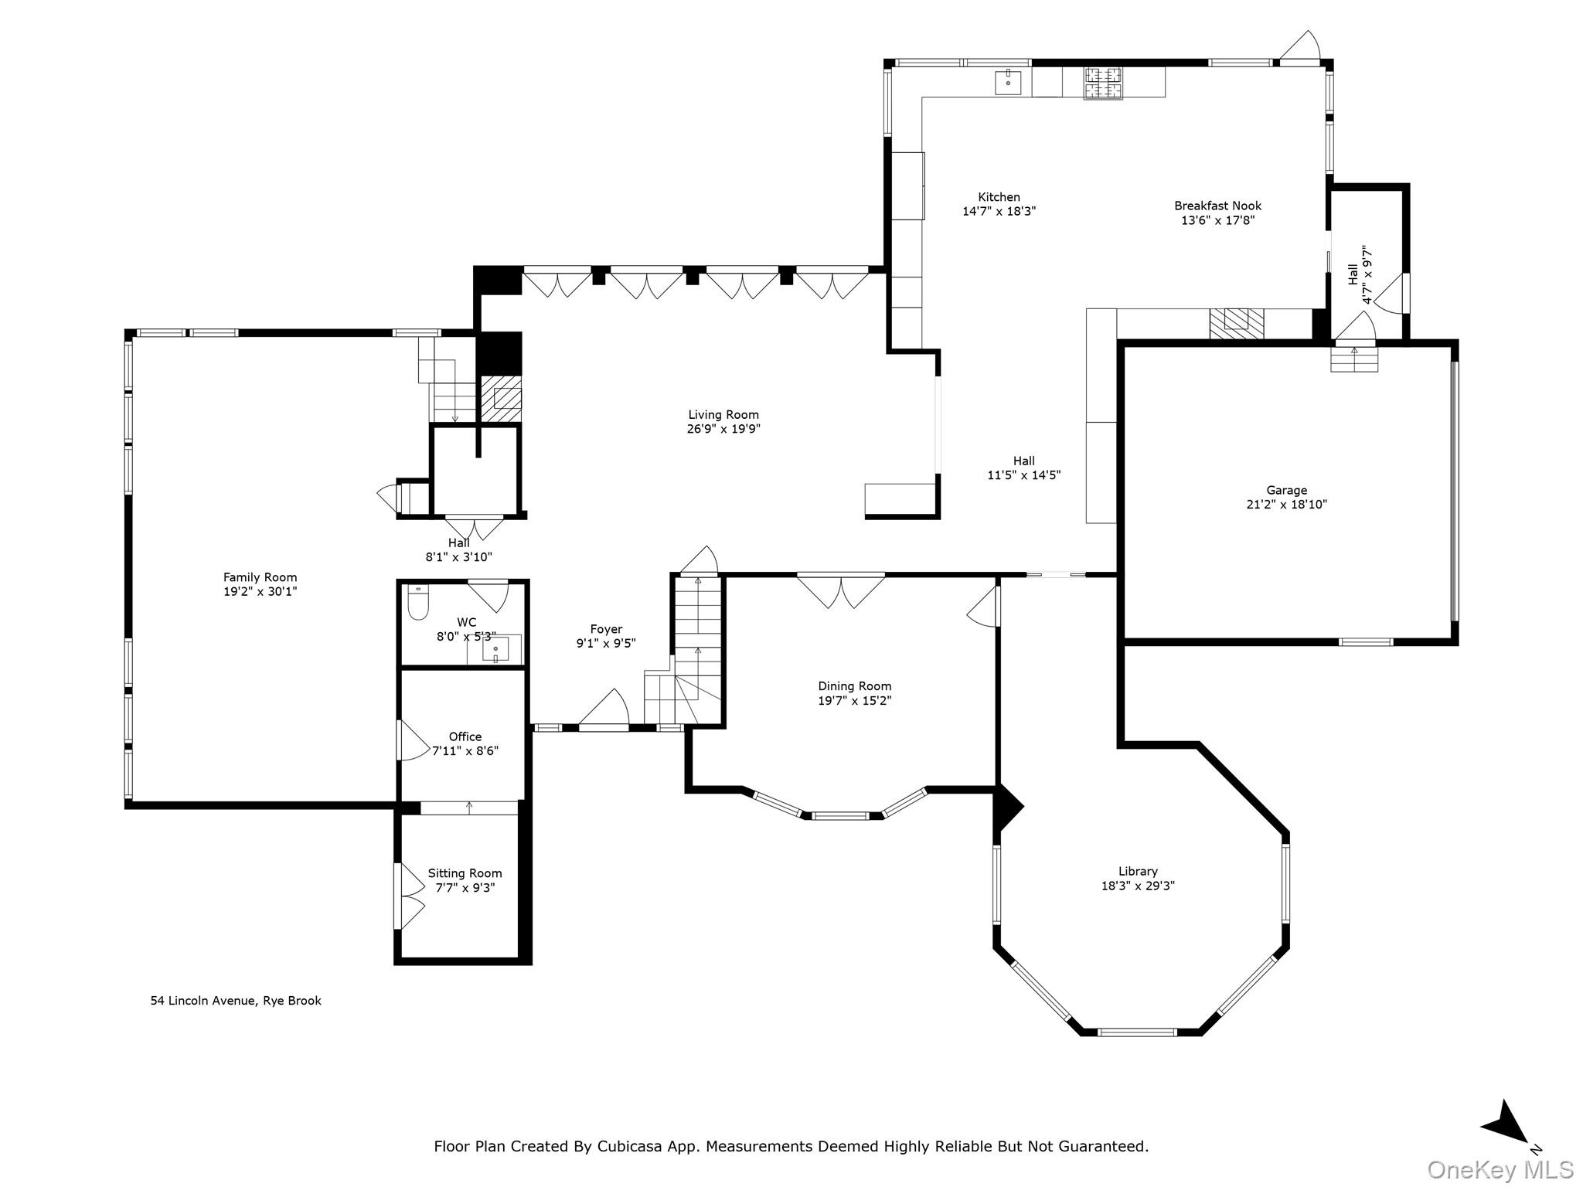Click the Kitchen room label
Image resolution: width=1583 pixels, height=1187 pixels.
point(999,197)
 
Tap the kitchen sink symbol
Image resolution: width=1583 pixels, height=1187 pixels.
point(1008,81)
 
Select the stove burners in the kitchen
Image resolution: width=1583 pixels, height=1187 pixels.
point(1103,83)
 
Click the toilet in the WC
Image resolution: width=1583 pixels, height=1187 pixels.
point(418,604)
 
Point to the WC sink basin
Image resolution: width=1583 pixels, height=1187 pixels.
point(495,650)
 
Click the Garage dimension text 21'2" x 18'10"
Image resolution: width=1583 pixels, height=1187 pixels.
point(1286,505)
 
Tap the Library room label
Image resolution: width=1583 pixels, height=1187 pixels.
point(1138,871)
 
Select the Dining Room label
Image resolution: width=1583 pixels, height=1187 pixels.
point(855,686)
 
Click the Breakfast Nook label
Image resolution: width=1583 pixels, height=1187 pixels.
point(1217,206)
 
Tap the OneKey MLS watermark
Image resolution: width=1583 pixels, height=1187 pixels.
point(1500,1169)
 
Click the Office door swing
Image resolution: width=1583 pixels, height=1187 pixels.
point(412,740)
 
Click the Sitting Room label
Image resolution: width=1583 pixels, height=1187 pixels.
point(465,873)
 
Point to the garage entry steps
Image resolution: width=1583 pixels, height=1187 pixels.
point(1353,359)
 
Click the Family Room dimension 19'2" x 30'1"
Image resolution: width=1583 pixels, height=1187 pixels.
point(260,592)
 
